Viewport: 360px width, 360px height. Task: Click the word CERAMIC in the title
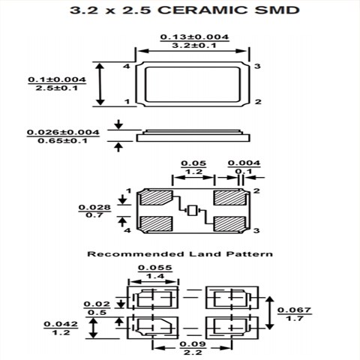[x=196, y=10]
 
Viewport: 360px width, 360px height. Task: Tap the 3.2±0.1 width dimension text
[x=194, y=46]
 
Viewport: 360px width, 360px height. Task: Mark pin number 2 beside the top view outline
[x=257, y=101]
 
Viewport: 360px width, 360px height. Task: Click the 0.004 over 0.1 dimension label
[x=244, y=167]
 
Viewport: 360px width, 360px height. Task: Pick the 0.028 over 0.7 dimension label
[x=94, y=210]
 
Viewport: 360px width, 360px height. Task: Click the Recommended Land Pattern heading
[x=180, y=254]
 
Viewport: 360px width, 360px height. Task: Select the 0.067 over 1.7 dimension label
[x=295, y=313]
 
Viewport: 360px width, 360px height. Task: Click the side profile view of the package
[x=193, y=135]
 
